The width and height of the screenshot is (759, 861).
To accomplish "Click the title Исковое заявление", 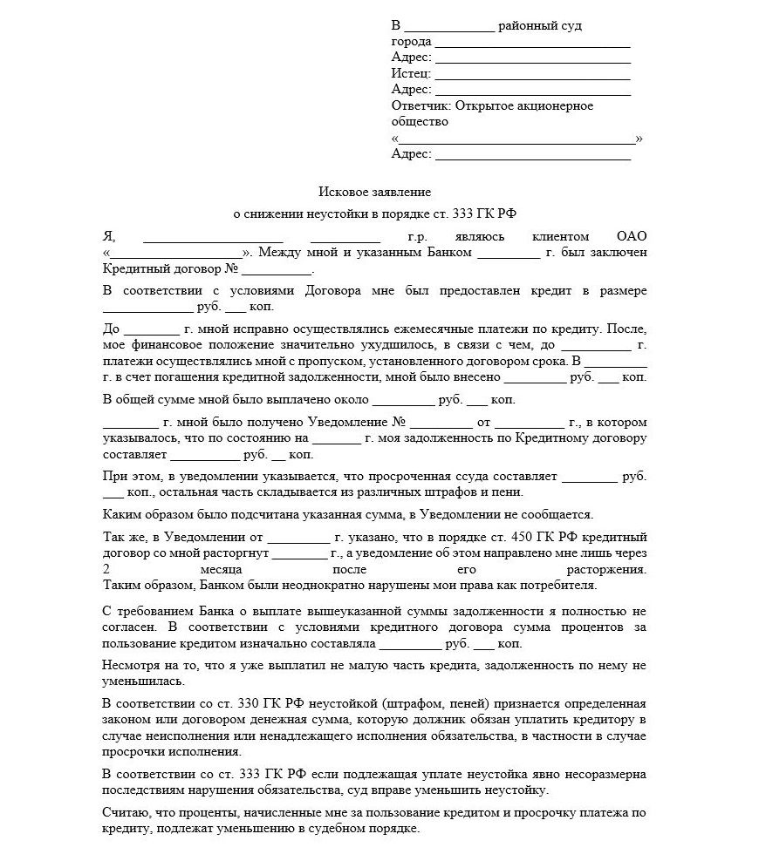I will click(x=375, y=190).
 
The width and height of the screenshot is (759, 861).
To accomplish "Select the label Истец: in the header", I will click(x=412, y=73).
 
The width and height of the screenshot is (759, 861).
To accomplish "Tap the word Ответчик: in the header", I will click(x=421, y=105).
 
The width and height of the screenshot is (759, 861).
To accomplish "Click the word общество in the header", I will click(x=420, y=121).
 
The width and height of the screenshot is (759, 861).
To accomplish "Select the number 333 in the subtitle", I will click(x=471, y=213).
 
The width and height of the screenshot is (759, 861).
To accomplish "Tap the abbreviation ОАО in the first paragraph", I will click(x=632, y=236).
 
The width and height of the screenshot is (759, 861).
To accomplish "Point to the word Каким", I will click(x=120, y=514).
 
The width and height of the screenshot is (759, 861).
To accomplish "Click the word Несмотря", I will click(x=130, y=665).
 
